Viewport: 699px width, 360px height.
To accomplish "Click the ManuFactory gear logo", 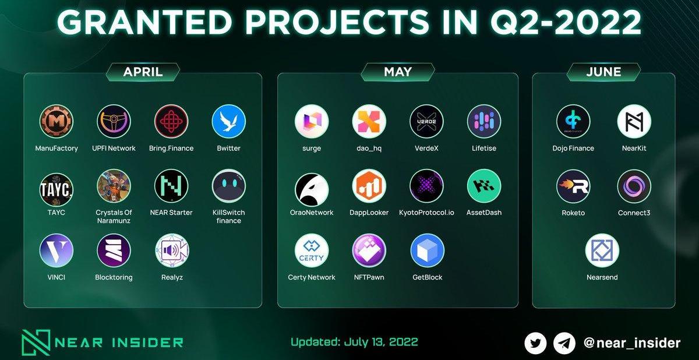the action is tap(57, 121).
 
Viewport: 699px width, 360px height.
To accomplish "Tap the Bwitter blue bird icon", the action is tap(229, 121).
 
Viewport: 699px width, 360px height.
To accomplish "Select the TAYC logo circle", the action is tap(57, 189).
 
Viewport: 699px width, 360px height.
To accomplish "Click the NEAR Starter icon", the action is tap(171, 186).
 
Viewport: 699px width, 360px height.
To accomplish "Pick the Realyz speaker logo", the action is tap(172, 250).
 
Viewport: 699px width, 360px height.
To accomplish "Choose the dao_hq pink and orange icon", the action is tap(369, 121).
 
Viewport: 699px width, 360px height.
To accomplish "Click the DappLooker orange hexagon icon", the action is tap(369, 186).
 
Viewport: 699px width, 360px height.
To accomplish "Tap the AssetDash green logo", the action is tap(484, 186).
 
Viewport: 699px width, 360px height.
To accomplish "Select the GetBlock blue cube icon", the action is tap(427, 250).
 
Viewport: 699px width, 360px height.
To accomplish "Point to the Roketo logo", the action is tap(573, 186).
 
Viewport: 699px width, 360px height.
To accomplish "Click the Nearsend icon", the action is tap(602, 250).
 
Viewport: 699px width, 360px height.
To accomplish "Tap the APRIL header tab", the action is tap(143, 72).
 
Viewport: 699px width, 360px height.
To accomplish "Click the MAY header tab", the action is tap(398, 72).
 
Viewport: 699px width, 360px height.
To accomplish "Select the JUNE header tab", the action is tap(603, 72).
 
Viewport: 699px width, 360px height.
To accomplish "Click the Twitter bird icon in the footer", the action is tap(535, 343).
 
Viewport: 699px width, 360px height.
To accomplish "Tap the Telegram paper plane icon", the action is tap(564, 343).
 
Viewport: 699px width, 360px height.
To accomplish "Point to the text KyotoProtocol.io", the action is tap(426, 213).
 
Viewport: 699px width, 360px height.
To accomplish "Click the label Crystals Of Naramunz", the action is tap(114, 217).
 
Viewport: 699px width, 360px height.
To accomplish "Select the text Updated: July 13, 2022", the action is tap(354, 342).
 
